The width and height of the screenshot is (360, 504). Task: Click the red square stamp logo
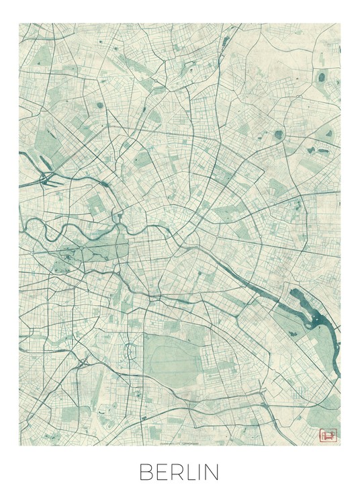pos(329,434)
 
